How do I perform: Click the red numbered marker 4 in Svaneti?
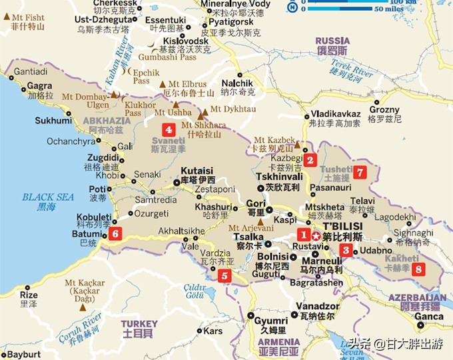(169, 130)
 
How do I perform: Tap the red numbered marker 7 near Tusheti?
(360, 171)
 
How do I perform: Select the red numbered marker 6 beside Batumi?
(115, 233)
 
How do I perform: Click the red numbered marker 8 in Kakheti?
(418, 269)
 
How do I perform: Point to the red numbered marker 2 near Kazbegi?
(310, 159)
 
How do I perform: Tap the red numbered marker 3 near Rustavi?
(346, 251)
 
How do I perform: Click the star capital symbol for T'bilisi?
(315, 235)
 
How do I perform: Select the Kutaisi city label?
(197, 171)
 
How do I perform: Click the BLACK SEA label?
(48, 197)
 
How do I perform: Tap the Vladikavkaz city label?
(335, 113)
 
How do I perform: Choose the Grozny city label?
(384, 109)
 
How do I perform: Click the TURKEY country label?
(139, 323)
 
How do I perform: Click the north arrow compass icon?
(292, 7)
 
